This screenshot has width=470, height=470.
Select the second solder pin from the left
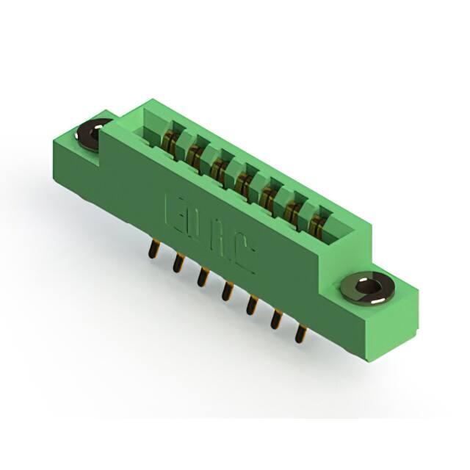[x=177, y=262]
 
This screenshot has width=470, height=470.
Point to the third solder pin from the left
[x=201, y=276]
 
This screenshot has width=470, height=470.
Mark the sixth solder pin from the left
[x=277, y=318]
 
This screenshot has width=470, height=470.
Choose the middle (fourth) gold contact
[x=244, y=182]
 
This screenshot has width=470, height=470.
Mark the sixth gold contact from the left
[x=293, y=210]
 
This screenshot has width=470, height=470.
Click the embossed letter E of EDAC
[x=176, y=212]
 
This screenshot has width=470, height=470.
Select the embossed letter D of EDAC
[x=198, y=226]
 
